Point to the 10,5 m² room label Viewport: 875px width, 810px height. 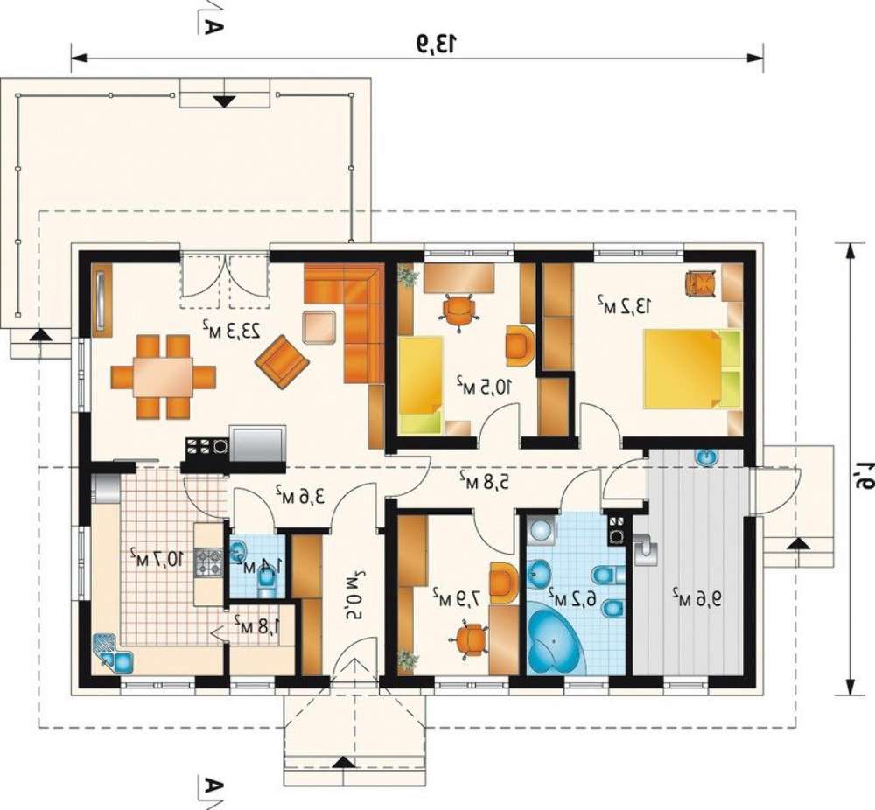tap(485, 386)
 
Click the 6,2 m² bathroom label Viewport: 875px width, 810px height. tap(572, 597)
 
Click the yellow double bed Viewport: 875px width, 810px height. tap(691, 369)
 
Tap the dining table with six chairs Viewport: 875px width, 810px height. tap(164, 376)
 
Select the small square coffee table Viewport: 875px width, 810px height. tap(319, 327)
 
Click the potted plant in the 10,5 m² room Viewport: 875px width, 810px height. tap(408, 276)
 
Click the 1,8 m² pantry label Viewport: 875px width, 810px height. tap(256, 627)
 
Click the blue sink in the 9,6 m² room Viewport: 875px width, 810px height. tap(707, 457)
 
